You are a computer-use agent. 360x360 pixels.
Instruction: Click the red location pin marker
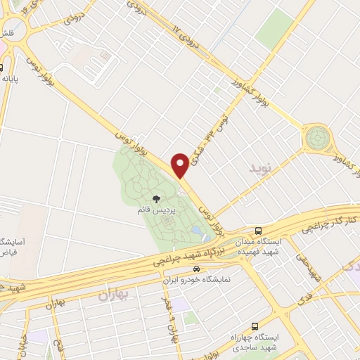(181, 164)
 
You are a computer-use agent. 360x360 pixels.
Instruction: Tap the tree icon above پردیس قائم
(156, 200)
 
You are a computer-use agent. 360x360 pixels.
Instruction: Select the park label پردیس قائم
(157, 210)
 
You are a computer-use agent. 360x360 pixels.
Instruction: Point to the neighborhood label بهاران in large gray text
(105, 294)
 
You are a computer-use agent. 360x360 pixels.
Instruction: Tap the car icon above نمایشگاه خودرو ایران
(197, 269)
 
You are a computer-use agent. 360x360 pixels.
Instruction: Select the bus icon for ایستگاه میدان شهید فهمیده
(259, 231)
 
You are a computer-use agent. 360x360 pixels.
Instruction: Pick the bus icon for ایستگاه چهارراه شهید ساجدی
(254, 327)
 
